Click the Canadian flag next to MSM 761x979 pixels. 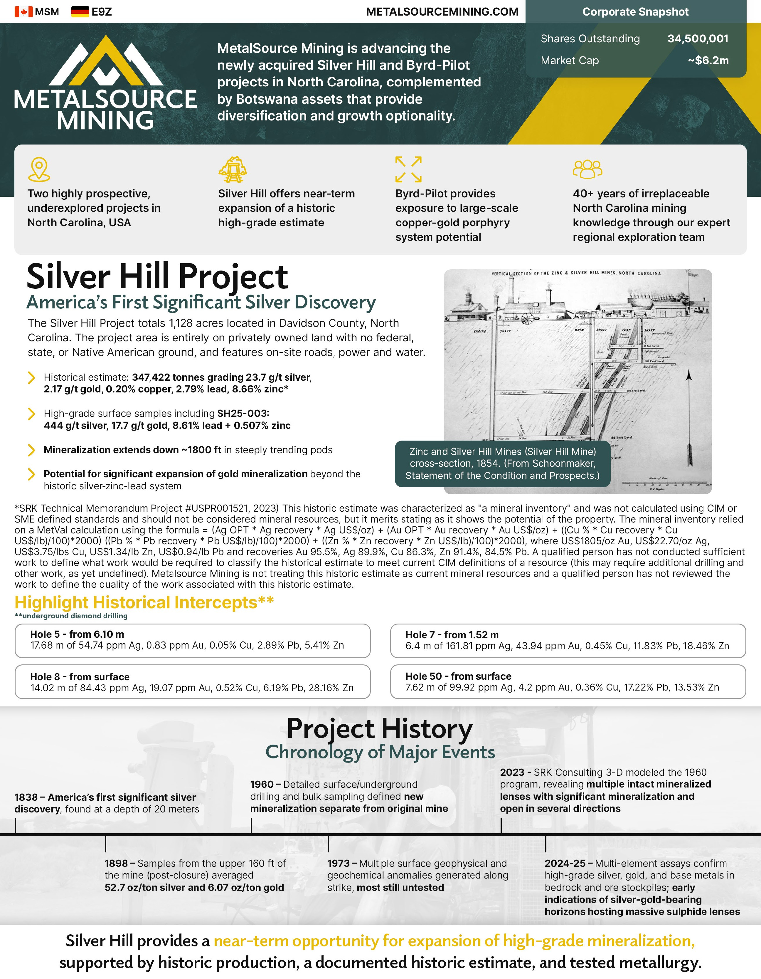pos(23,12)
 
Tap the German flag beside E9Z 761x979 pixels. pos(80,12)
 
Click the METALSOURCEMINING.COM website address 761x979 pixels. pos(442,12)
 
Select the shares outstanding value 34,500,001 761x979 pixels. pos(697,38)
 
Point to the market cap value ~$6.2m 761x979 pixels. pos(708,60)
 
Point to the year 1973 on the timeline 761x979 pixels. pos(339,863)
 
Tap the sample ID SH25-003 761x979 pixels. pos(243,413)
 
